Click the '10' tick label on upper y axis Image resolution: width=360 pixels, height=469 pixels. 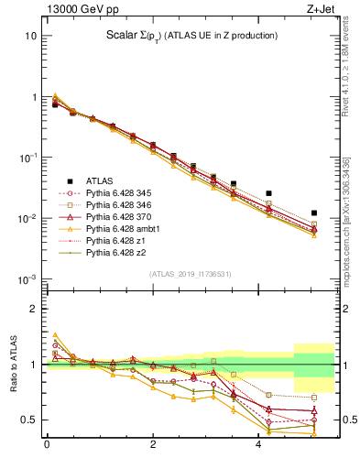(x=30, y=36)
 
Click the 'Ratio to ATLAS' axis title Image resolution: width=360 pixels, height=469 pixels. (x=13, y=365)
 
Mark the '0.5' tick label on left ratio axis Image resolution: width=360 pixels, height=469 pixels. (x=28, y=420)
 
